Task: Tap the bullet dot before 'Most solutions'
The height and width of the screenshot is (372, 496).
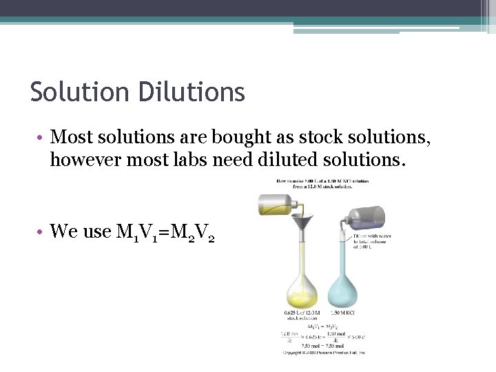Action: click(42, 138)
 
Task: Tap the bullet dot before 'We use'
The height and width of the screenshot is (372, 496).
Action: click(42, 232)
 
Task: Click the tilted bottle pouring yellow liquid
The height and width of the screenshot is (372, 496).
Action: click(278, 205)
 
